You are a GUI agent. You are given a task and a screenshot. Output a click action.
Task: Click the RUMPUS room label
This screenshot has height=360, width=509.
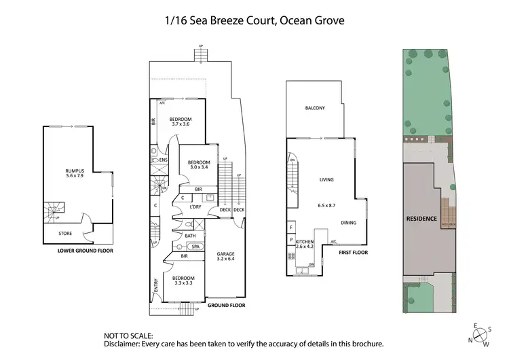pyautogui.click(x=75, y=171)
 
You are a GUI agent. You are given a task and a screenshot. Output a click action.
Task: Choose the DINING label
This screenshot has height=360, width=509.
pyautogui.click(x=349, y=223)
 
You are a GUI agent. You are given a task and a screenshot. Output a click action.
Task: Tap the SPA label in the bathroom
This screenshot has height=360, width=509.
pyautogui.click(x=195, y=247)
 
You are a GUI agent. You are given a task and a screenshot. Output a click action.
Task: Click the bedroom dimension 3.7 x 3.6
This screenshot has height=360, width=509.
pyautogui.click(x=182, y=124)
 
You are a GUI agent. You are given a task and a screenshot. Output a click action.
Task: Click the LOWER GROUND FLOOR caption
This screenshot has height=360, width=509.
pyautogui.click(x=85, y=251)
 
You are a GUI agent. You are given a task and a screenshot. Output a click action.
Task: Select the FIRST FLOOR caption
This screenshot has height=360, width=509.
pyautogui.click(x=354, y=252)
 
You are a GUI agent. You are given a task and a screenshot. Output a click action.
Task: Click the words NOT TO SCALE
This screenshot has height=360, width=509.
pyautogui.click(x=128, y=336)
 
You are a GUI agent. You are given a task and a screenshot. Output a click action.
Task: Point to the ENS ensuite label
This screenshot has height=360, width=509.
pyautogui.click(x=164, y=160)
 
